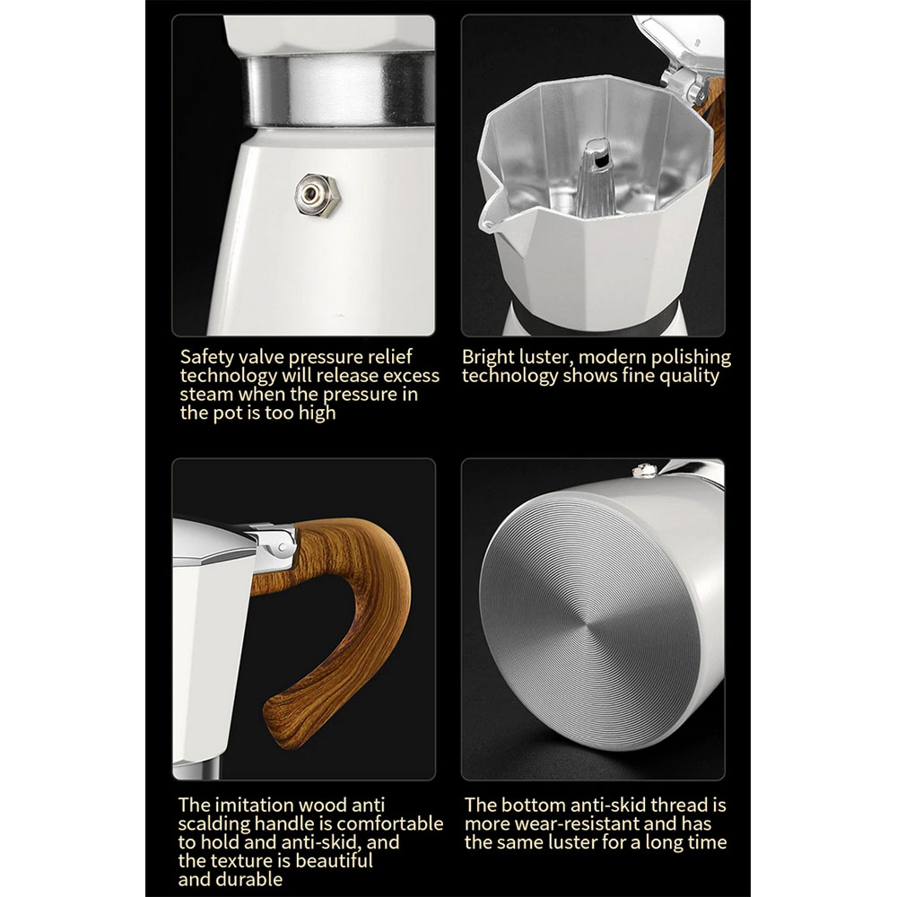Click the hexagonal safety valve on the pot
[318, 196]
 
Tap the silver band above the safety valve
[340, 89]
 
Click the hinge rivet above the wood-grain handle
[282, 548]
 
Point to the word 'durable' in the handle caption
[252, 879]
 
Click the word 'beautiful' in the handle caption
[334, 860]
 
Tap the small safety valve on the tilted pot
[644, 470]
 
